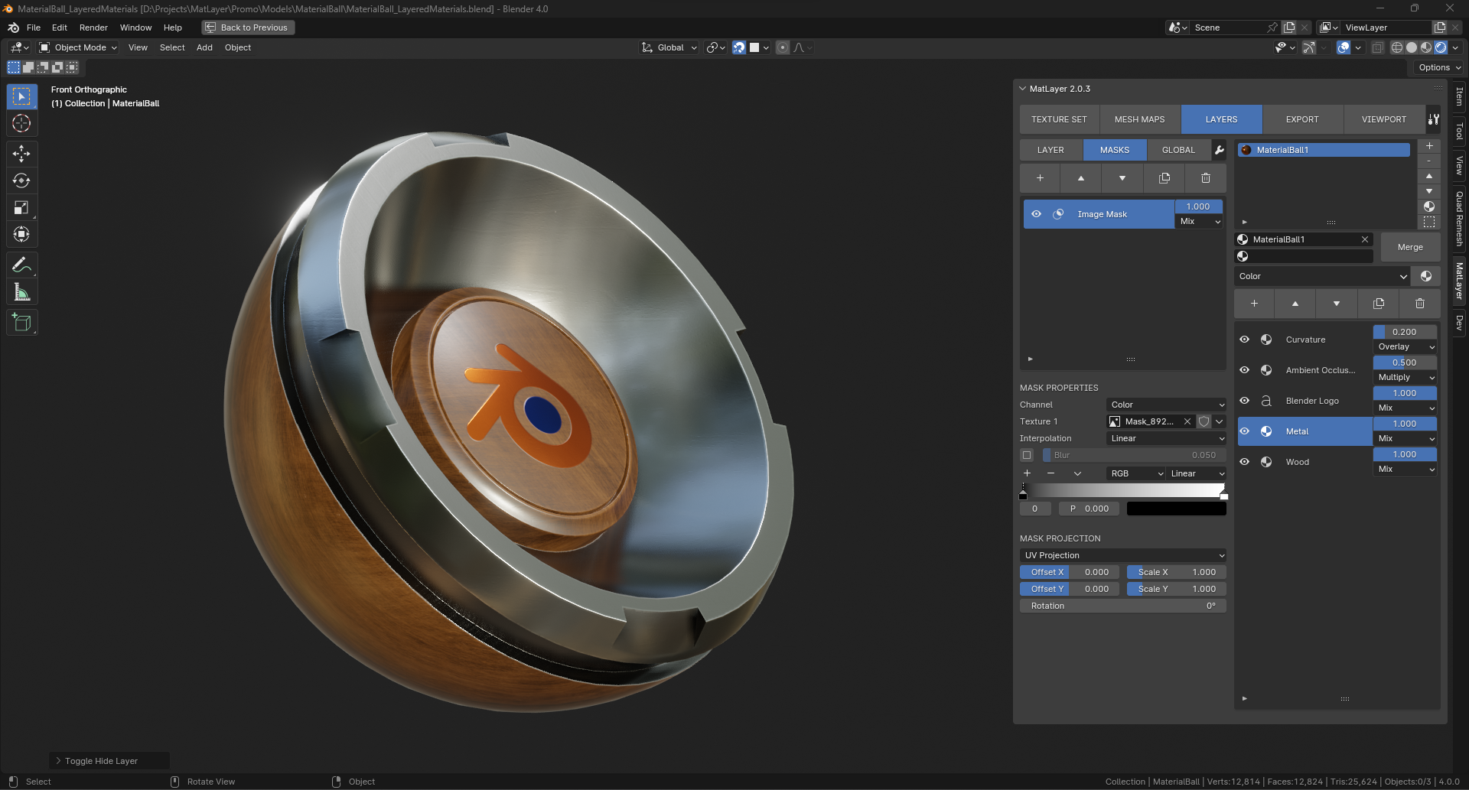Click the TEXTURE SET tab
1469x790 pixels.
[1059, 119]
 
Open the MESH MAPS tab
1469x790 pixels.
[1140, 119]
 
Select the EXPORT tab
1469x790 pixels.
[1302, 119]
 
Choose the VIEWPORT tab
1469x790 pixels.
[1383, 119]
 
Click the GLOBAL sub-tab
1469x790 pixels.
[1178, 150]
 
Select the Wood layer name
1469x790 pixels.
[1298, 462]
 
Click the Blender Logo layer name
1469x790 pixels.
[1312, 401]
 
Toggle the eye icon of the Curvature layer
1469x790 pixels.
[1245, 340]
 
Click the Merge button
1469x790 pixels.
[1410, 247]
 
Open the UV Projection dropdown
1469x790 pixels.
[1123, 555]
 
